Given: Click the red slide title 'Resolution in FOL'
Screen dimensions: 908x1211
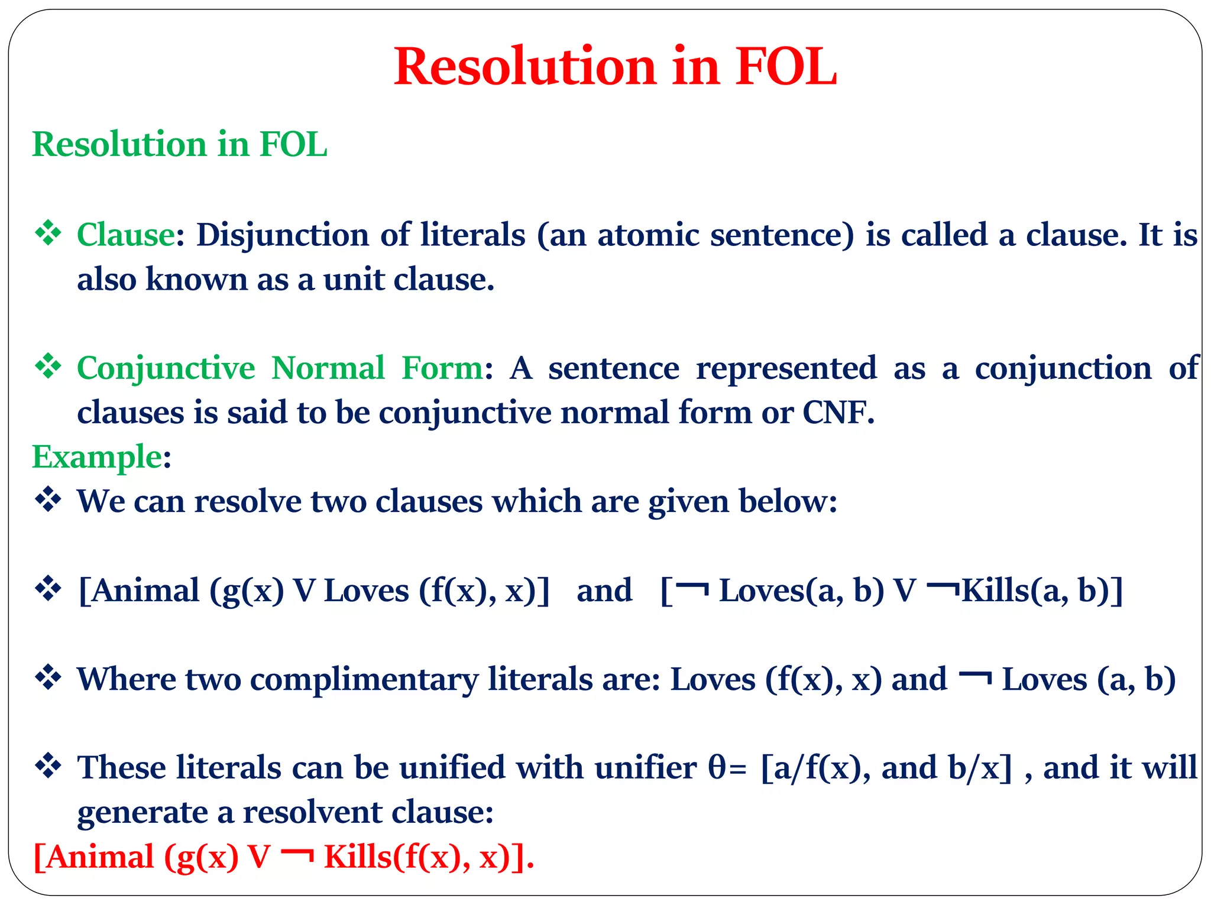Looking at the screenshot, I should pyautogui.click(x=615, y=66).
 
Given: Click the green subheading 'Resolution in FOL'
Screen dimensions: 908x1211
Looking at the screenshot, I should pyautogui.click(x=179, y=144).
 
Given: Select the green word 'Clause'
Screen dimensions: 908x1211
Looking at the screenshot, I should pyautogui.click(x=126, y=235).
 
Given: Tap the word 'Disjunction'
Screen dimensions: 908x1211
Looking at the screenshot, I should pyautogui.click(x=283, y=236).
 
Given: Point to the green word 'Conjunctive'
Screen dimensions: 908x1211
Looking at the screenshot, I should pyautogui.click(x=166, y=369).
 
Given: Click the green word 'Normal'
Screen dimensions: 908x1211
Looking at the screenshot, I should pyautogui.click(x=328, y=368).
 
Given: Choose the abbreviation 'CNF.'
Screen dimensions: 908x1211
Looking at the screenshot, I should pyautogui.click(x=838, y=412).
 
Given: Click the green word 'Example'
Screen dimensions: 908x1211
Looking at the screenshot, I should pyautogui.click(x=97, y=457).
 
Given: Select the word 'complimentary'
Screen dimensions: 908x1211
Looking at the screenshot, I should pyautogui.click(x=364, y=680).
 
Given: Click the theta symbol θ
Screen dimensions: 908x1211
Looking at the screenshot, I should pyautogui.click(x=717, y=767).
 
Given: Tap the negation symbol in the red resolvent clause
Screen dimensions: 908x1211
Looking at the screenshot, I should pyautogui.click(x=297, y=854).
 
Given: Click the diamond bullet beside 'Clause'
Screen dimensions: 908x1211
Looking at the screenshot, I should pyautogui.click(x=48, y=233).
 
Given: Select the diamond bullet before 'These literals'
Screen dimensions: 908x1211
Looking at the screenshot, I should pyautogui.click(x=48, y=766).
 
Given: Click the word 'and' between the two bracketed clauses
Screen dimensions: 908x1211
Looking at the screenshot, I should pyautogui.click(x=604, y=590).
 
